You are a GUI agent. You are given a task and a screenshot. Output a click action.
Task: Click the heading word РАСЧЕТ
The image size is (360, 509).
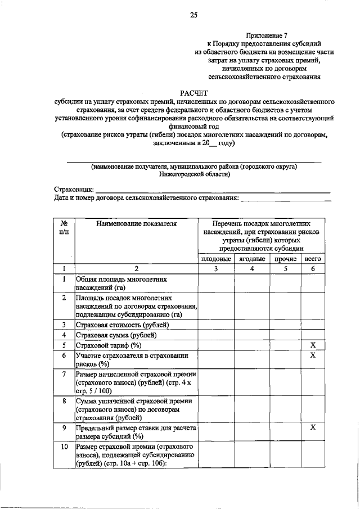[193, 93]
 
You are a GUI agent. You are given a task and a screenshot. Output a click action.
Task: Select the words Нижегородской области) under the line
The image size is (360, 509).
[194, 174]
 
